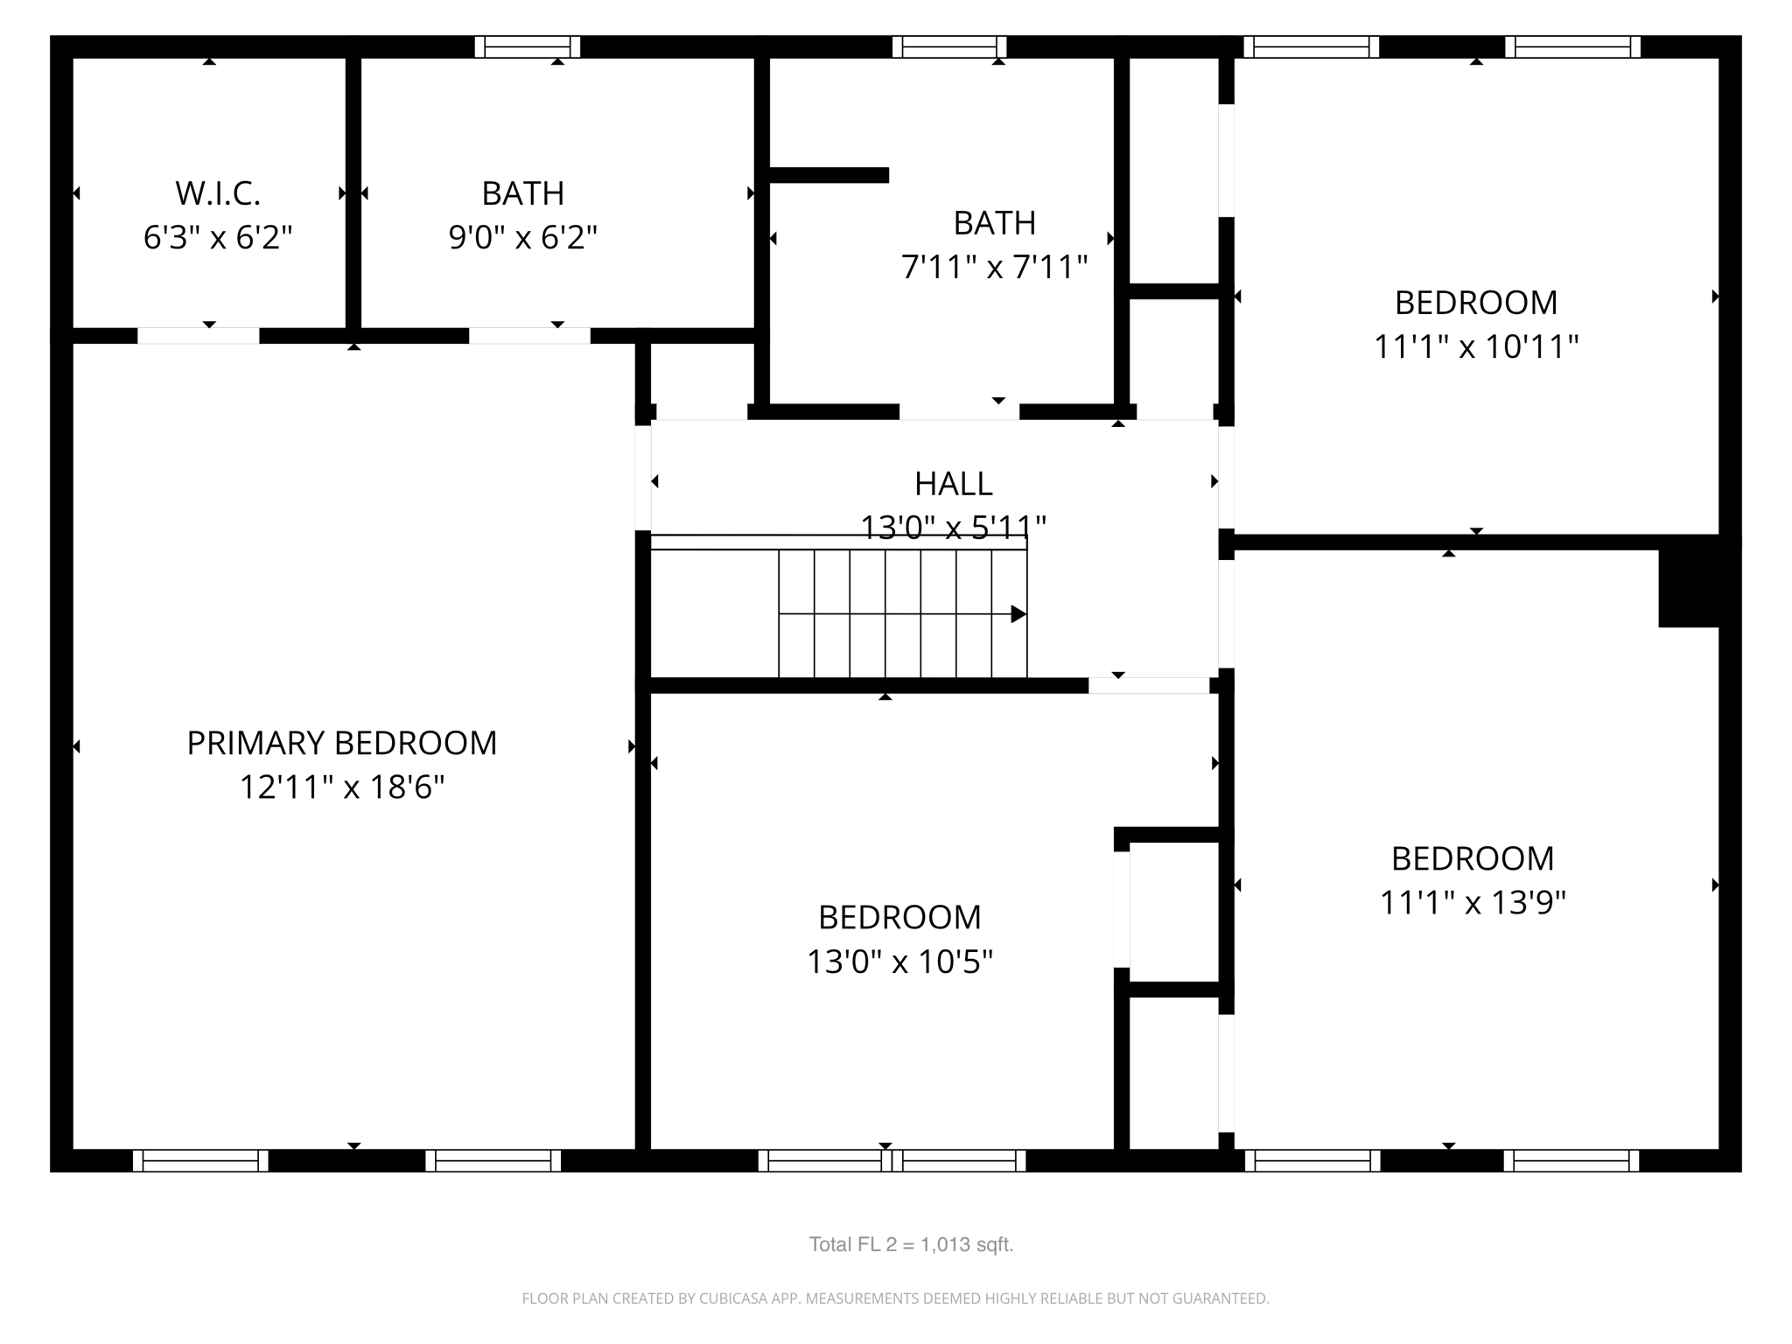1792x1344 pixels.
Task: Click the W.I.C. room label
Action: coord(218,193)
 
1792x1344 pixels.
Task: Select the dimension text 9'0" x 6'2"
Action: coord(523,237)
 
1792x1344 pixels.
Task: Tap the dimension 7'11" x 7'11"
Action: coord(995,267)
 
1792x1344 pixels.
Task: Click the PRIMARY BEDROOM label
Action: coord(342,743)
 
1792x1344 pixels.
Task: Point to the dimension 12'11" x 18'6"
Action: coord(342,787)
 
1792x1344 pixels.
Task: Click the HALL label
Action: coord(953,484)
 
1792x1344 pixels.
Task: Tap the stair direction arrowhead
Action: coord(1018,614)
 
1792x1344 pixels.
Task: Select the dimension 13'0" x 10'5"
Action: coord(899,962)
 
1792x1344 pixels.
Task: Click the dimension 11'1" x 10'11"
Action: coord(1476,347)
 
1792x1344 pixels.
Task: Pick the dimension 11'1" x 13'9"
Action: coord(1473,902)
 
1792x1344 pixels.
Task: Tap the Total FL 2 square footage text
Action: coord(911,1244)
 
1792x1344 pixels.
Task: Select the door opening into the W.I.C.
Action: coord(199,336)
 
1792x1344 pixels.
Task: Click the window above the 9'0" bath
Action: coord(528,47)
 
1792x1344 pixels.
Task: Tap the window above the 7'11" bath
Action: coord(949,47)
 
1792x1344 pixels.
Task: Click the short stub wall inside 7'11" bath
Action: coord(829,175)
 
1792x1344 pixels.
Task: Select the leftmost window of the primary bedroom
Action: coord(200,1160)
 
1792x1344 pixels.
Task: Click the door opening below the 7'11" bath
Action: coord(959,412)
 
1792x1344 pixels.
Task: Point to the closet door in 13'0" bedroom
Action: coord(1121,909)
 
